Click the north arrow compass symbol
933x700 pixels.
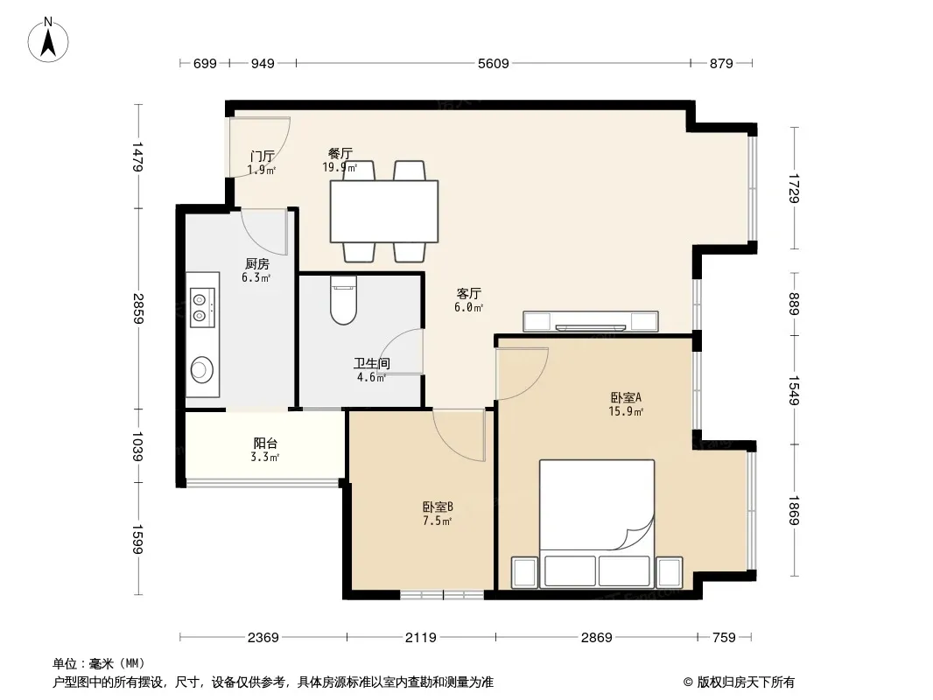(x=48, y=40)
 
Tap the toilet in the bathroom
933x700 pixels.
(x=343, y=300)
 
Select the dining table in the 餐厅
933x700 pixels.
(x=384, y=211)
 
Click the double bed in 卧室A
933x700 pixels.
(x=597, y=524)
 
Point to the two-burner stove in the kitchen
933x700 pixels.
(x=202, y=307)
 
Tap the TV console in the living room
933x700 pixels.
(x=590, y=322)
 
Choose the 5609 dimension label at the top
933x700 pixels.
(x=494, y=63)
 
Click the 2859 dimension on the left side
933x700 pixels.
(x=138, y=309)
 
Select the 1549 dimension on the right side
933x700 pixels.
(x=794, y=391)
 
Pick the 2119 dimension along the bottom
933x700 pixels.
(x=421, y=638)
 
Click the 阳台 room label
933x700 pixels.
(x=265, y=443)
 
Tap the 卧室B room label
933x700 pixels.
(x=438, y=507)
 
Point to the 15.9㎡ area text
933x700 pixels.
(x=626, y=411)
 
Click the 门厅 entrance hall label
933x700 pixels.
(x=263, y=157)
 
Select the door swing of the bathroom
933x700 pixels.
(x=401, y=352)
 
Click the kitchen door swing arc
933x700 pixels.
(x=264, y=231)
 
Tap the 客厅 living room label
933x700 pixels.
(x=469, y=293)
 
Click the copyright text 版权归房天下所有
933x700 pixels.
(x=746, y=682)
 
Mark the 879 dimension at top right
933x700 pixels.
(x=721, y=63)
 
